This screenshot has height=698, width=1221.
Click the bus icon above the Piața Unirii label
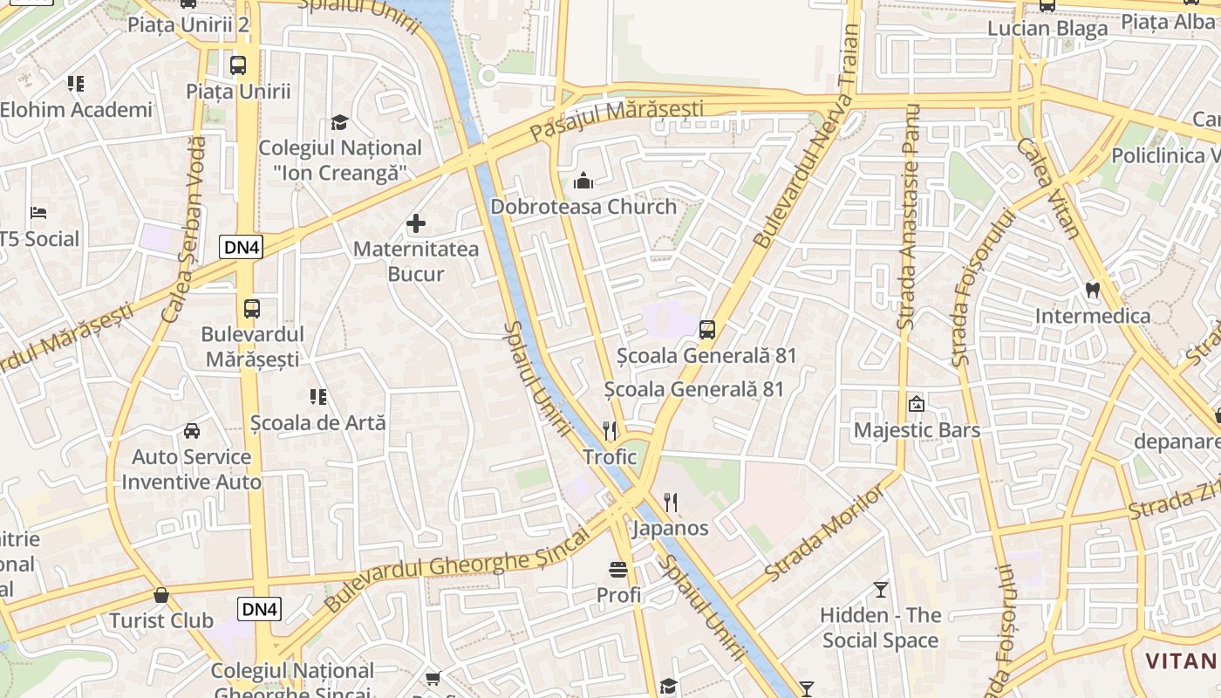point(237,65)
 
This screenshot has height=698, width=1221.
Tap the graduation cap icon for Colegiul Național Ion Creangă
point(339,122)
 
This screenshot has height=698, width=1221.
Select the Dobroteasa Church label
point(583,207)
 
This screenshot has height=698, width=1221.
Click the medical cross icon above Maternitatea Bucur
point(416,223)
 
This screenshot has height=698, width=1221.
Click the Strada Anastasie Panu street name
point(909,218)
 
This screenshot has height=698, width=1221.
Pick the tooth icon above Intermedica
point(1091,289)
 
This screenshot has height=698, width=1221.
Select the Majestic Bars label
point(917,430)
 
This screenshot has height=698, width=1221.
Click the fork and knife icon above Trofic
point(610,430)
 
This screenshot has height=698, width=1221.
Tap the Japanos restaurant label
point(670,528)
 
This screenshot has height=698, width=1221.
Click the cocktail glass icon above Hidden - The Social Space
point(881,590)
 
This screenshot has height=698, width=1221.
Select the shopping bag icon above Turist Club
point(160,595)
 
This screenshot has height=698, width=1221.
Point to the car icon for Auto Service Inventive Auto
point(192,431)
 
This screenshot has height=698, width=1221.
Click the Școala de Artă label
point(317,422)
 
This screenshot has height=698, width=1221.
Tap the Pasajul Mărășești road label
point(616,120)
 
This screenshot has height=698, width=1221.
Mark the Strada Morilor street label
point(824,533)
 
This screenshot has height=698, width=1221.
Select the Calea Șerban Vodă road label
point(183,229)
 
